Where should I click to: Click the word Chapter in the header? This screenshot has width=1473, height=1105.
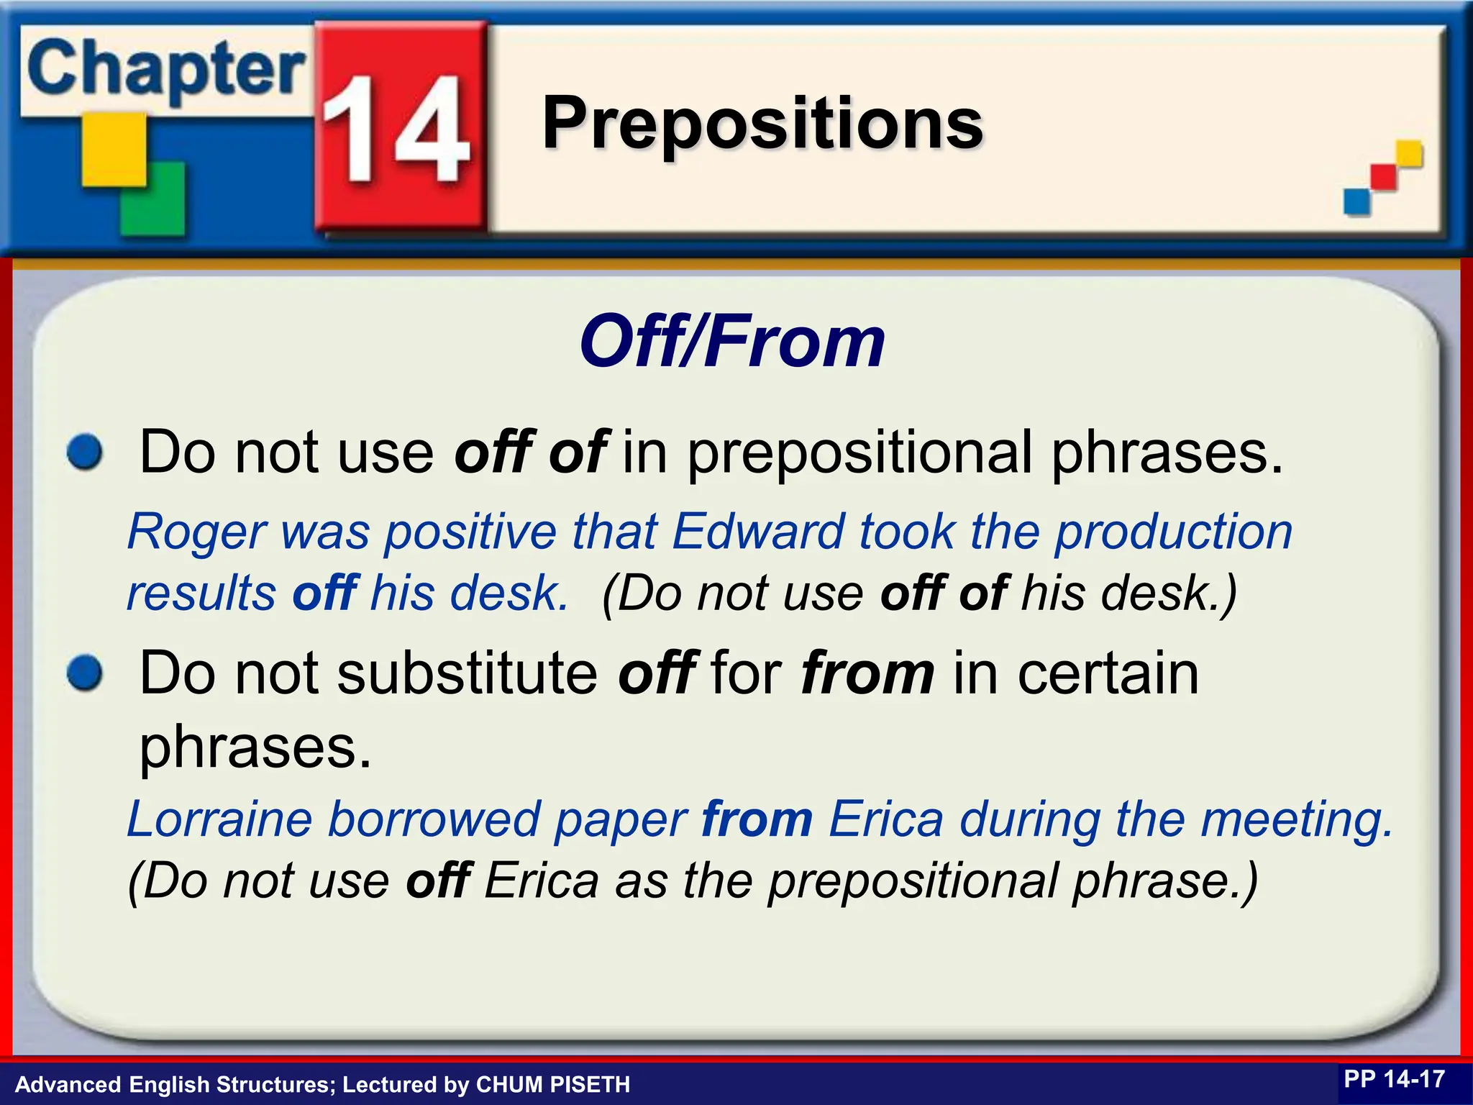[x=165, y=71]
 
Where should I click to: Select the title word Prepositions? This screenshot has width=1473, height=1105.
[x=762, y=124]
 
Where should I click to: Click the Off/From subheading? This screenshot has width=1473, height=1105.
[x=732, y=342]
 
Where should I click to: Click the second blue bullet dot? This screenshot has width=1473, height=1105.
[x=86, y=674]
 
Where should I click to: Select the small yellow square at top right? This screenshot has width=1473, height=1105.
[x=1408, y=153]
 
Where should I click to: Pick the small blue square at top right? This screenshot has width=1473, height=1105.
[x=1356, y=201]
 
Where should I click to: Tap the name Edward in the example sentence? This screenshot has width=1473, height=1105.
[x=757, y=532]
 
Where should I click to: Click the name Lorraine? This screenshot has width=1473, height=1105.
[x=219, y=820]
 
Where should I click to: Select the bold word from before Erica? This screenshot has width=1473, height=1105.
[x=757, y=820]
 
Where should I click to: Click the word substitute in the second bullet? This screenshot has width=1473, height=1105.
[x=468, y=674]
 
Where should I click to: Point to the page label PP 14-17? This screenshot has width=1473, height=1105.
[x=1394, y=1079]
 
